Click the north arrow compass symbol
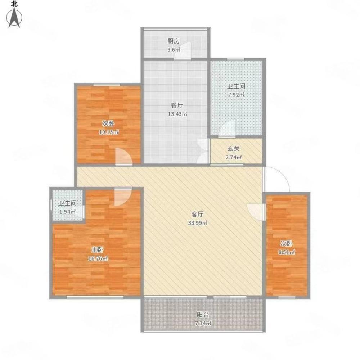(14, 18)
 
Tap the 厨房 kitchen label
(174, 41)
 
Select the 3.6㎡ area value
(174, 50)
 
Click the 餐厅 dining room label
(177, 105)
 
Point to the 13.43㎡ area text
(177, 114)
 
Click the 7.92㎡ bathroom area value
(236, 95)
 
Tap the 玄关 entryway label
(234, 149)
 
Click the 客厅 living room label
(197, 214)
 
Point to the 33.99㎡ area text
(198, 223)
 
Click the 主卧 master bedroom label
(98, 249)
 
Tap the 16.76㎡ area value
(98, 258)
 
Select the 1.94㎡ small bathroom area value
(67, 212)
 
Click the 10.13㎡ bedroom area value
(109, 132)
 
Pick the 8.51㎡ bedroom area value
(287, 252)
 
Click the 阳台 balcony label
(203, 315)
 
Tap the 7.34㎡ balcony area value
(203, 324)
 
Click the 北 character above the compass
(14, 4)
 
